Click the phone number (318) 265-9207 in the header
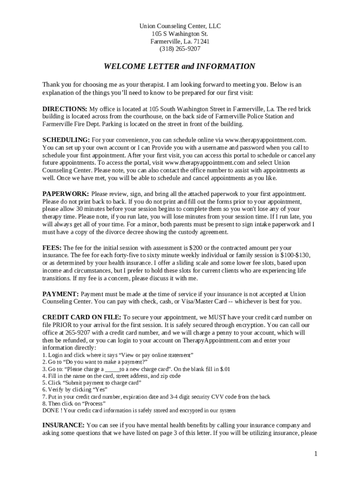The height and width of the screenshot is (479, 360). pos(180,49)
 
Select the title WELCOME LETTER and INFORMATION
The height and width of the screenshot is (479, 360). pos(180,66)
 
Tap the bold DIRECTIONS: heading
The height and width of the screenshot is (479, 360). pos(65,109)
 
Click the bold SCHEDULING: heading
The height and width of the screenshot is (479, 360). pos(66,140)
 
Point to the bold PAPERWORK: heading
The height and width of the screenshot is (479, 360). pos(65,194)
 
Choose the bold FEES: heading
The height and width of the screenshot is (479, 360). pos(52,247)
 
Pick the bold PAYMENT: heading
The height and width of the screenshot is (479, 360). pos(60,294)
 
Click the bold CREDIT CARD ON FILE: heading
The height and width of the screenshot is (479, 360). pos(81,317)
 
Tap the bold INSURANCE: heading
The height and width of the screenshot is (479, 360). pos(63,425)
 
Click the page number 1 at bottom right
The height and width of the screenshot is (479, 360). pos(316,454)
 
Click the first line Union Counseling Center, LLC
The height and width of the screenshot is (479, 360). pos(180,26)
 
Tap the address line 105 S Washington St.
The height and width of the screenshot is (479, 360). pos(180,34)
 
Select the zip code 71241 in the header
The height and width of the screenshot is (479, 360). pos(202,41)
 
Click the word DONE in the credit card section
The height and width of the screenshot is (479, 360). pos(50,410)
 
